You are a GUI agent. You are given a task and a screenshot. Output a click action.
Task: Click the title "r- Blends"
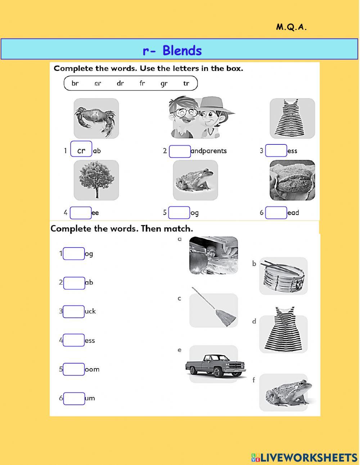172,50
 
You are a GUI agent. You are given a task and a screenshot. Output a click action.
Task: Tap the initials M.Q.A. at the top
291,27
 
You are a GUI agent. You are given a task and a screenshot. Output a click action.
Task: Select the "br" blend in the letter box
75,83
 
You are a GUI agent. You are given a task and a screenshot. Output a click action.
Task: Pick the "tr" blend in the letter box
186,83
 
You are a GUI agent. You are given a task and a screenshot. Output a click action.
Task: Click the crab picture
96,119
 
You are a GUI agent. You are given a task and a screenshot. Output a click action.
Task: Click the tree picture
96,180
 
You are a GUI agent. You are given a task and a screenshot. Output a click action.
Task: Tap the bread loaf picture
292,180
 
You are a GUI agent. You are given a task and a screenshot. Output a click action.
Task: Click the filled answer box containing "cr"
81,151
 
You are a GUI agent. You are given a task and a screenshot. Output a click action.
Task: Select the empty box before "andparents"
180,151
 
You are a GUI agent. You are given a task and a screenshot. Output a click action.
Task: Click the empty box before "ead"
276,213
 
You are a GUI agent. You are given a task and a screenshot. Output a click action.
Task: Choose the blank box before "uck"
74,312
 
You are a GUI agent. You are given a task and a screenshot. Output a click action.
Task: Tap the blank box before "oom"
74,369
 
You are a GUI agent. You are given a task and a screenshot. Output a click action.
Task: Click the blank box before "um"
74,398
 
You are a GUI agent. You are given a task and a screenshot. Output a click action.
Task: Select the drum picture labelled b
284,276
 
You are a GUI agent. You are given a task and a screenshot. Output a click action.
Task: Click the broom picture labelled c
214,309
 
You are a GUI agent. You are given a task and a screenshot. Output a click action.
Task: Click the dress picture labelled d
284,330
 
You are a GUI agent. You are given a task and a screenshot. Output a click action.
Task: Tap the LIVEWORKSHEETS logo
304,457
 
